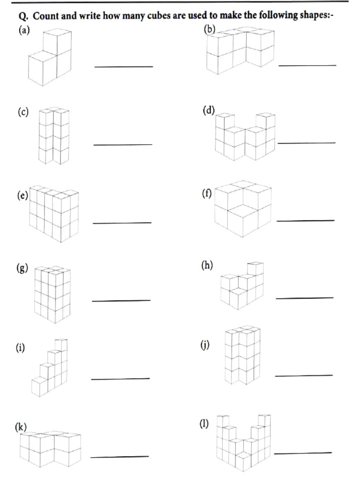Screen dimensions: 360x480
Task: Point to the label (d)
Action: coord(208,111)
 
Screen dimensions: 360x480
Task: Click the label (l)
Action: coord(203,423)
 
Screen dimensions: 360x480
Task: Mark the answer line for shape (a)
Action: coord(124,67)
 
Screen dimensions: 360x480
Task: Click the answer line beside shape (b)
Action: coord(307,65)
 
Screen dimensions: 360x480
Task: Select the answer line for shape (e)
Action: coord(122,223)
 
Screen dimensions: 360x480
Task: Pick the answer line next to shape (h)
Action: coord(304,298)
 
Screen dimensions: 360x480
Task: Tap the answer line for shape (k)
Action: coord(119,456)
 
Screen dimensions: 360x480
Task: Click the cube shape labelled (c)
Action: coord(53,136)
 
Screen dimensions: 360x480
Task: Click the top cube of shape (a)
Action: coord(57,41)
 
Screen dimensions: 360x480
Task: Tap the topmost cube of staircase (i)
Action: coord(61,345)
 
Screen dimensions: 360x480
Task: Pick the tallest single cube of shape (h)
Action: coord(255,270)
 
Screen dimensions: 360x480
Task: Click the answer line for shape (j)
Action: coord(303,375)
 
